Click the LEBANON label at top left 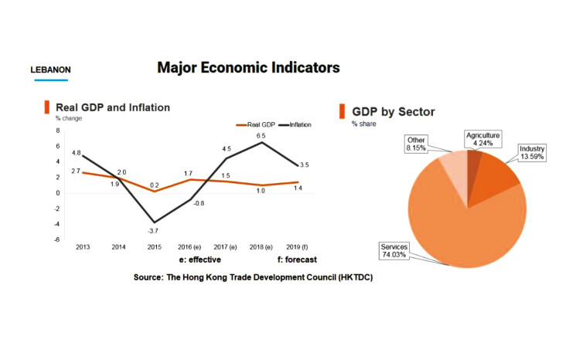51,70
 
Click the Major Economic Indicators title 248,68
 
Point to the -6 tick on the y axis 58,239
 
